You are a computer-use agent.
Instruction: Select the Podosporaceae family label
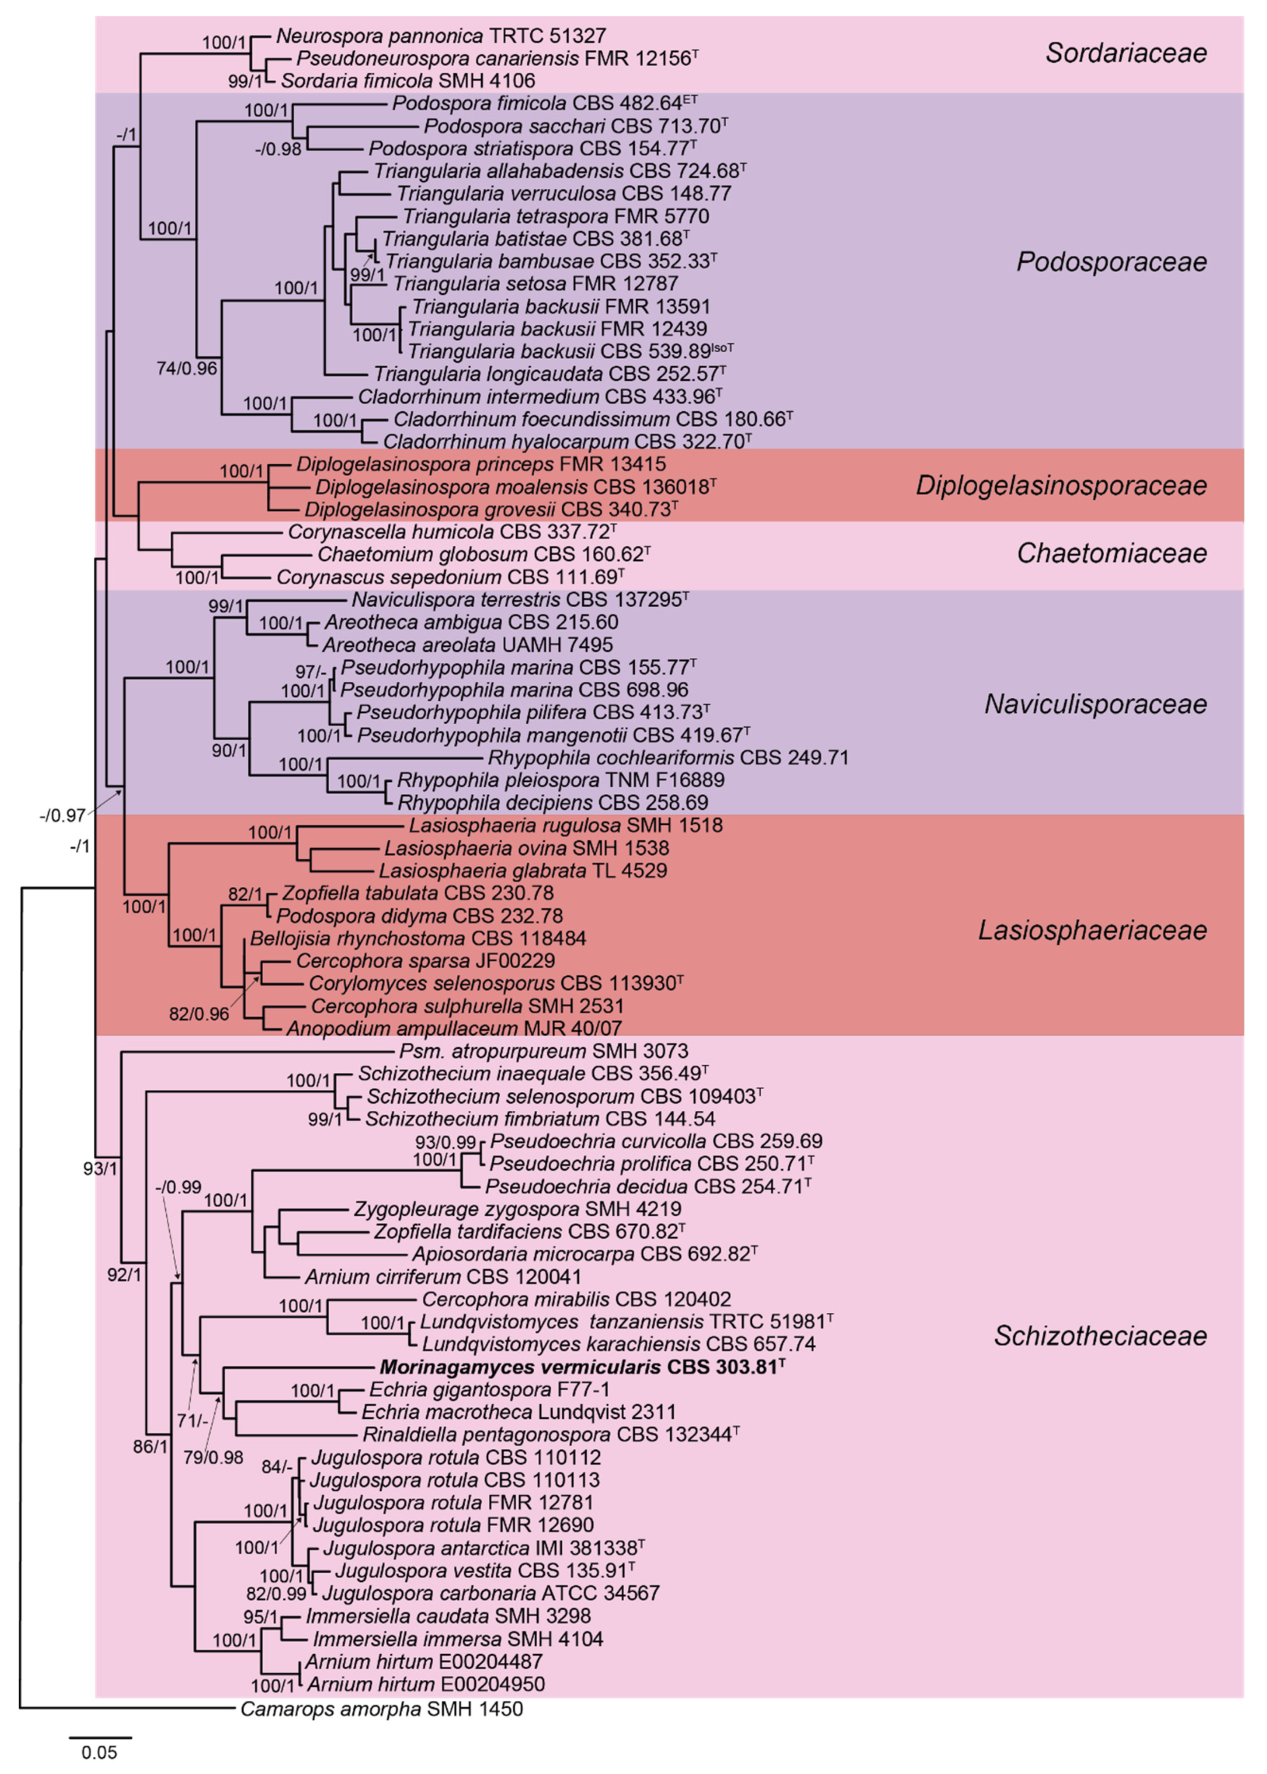1111,261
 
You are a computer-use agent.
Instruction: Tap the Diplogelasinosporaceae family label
1061,485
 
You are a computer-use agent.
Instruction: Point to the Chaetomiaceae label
1112,553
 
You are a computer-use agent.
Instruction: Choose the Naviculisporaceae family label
1095,704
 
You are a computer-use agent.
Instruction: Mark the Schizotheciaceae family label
1100,1336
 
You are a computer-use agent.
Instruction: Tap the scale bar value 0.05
100,1752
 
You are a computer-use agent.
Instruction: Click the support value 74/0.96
186,368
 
